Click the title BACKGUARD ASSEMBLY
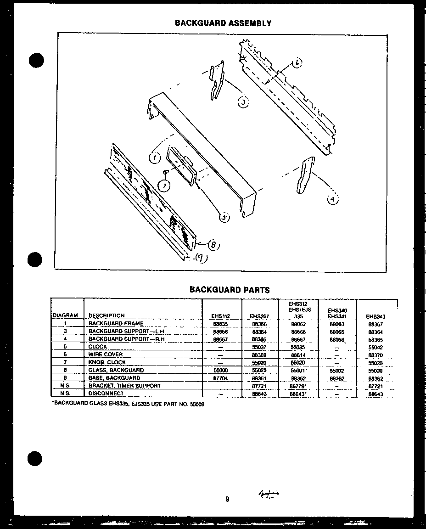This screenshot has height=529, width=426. pyautogui.click(x=223, y=23)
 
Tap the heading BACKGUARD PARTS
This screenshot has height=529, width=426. pyautogui.click(x=230, y=290)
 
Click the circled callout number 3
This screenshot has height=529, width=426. pyautogui.click(x=243, y=102)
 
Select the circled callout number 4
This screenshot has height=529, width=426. pyautogui.click(x=332, y=199)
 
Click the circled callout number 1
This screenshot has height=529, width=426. pyautogui.click(x=154, y=159)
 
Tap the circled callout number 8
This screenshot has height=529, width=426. pyautogui.click(x=214, y=245)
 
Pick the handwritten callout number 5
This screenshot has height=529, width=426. pyautogui.click(x=224, y=218)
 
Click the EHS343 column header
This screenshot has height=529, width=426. pyautogui.click(x=376, y=316)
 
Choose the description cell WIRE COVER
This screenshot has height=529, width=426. pyautogui.click(x=106, y=355)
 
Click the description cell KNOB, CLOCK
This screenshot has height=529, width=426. pyautogui.click(x=107, y=362)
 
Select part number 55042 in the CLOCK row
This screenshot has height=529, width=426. pyautogui.click(x=376, y=347)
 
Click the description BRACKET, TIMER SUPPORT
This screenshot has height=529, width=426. pyautogui.click(x=124, y=386)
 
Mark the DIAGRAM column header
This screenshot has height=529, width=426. pyautogui.click(x=66, y=315)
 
